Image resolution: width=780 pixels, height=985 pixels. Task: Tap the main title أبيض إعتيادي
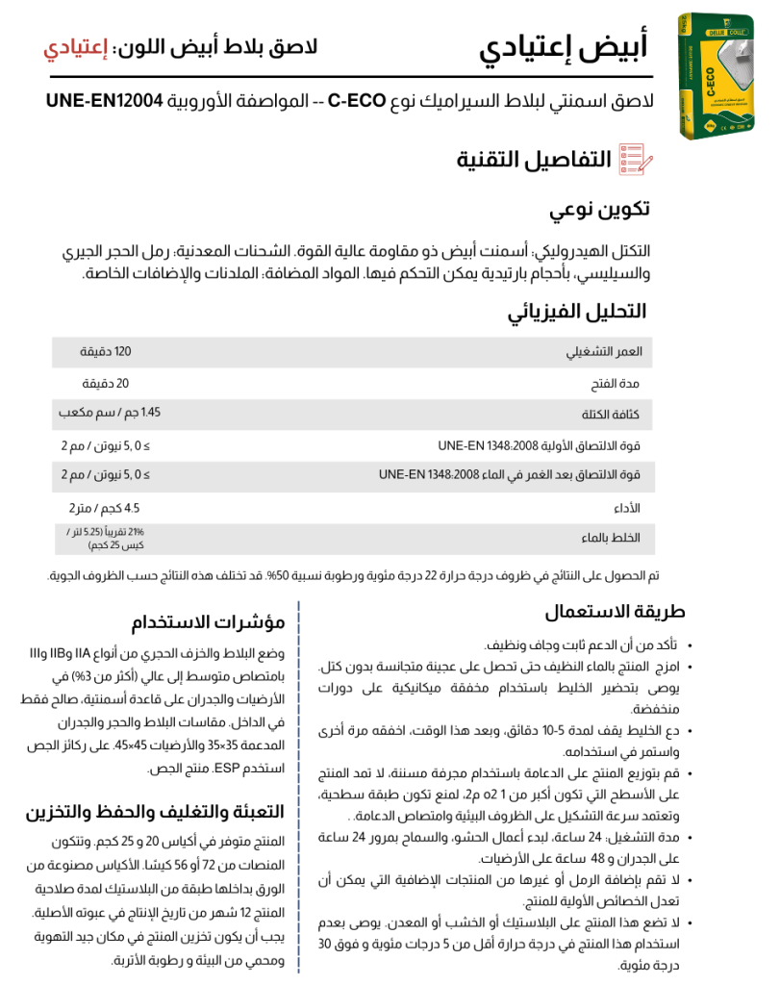click(x=563, y=46)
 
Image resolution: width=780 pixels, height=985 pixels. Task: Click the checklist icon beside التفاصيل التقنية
click(x=635, y=159)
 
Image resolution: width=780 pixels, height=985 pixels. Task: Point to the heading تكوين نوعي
click(x=599, y=210)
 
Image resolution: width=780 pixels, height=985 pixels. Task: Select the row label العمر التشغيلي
click(x=604, y=352)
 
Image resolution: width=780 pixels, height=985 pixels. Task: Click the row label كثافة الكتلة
click(x=610, y=415)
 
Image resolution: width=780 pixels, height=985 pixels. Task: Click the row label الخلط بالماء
click(x=611, y=539)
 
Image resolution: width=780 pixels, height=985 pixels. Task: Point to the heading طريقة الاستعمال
click(x=615, y=612)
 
